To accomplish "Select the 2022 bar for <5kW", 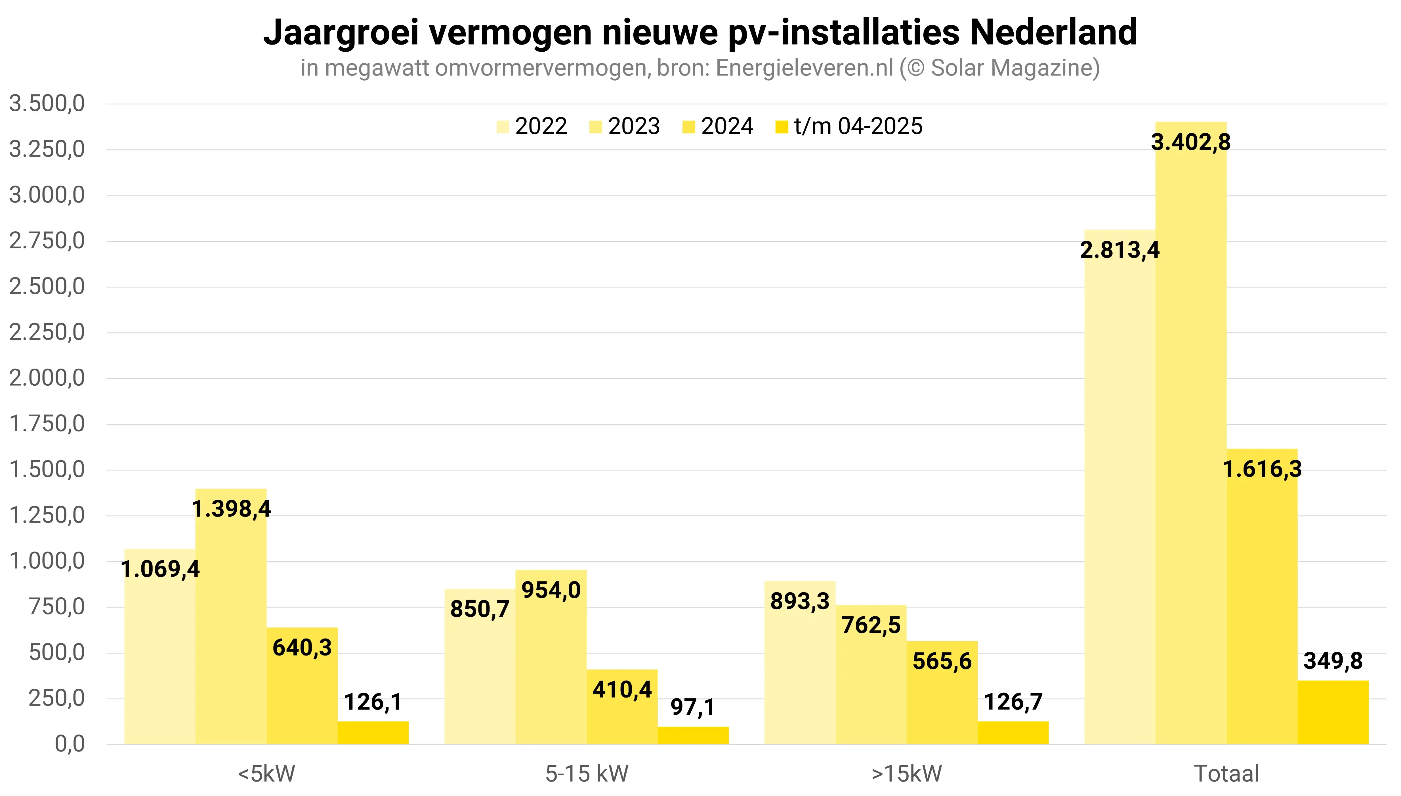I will [x=159, y=656].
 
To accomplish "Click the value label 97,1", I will [x=693, y=707].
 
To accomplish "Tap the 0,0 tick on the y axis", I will [x=70, y=744].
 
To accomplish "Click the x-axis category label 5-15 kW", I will [x=587, y=774].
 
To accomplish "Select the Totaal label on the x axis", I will [x=1226, y=774].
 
